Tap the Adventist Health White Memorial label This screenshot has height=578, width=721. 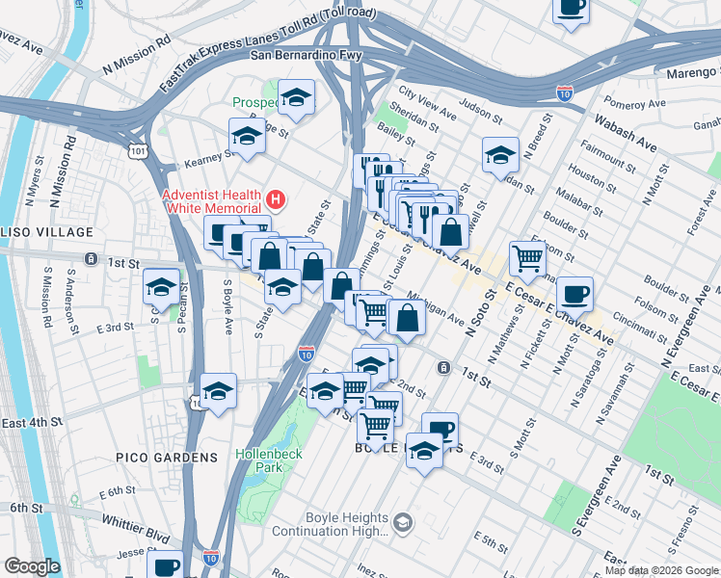point(212,200)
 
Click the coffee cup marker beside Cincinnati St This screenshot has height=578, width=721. point(574,294)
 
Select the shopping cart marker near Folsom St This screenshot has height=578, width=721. point(527,257)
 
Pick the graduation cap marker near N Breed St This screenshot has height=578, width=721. point(500,154)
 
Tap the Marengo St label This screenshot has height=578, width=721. point(686,71)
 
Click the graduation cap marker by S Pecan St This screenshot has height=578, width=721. point(161,286)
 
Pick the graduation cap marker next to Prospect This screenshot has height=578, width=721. point(297,96)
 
